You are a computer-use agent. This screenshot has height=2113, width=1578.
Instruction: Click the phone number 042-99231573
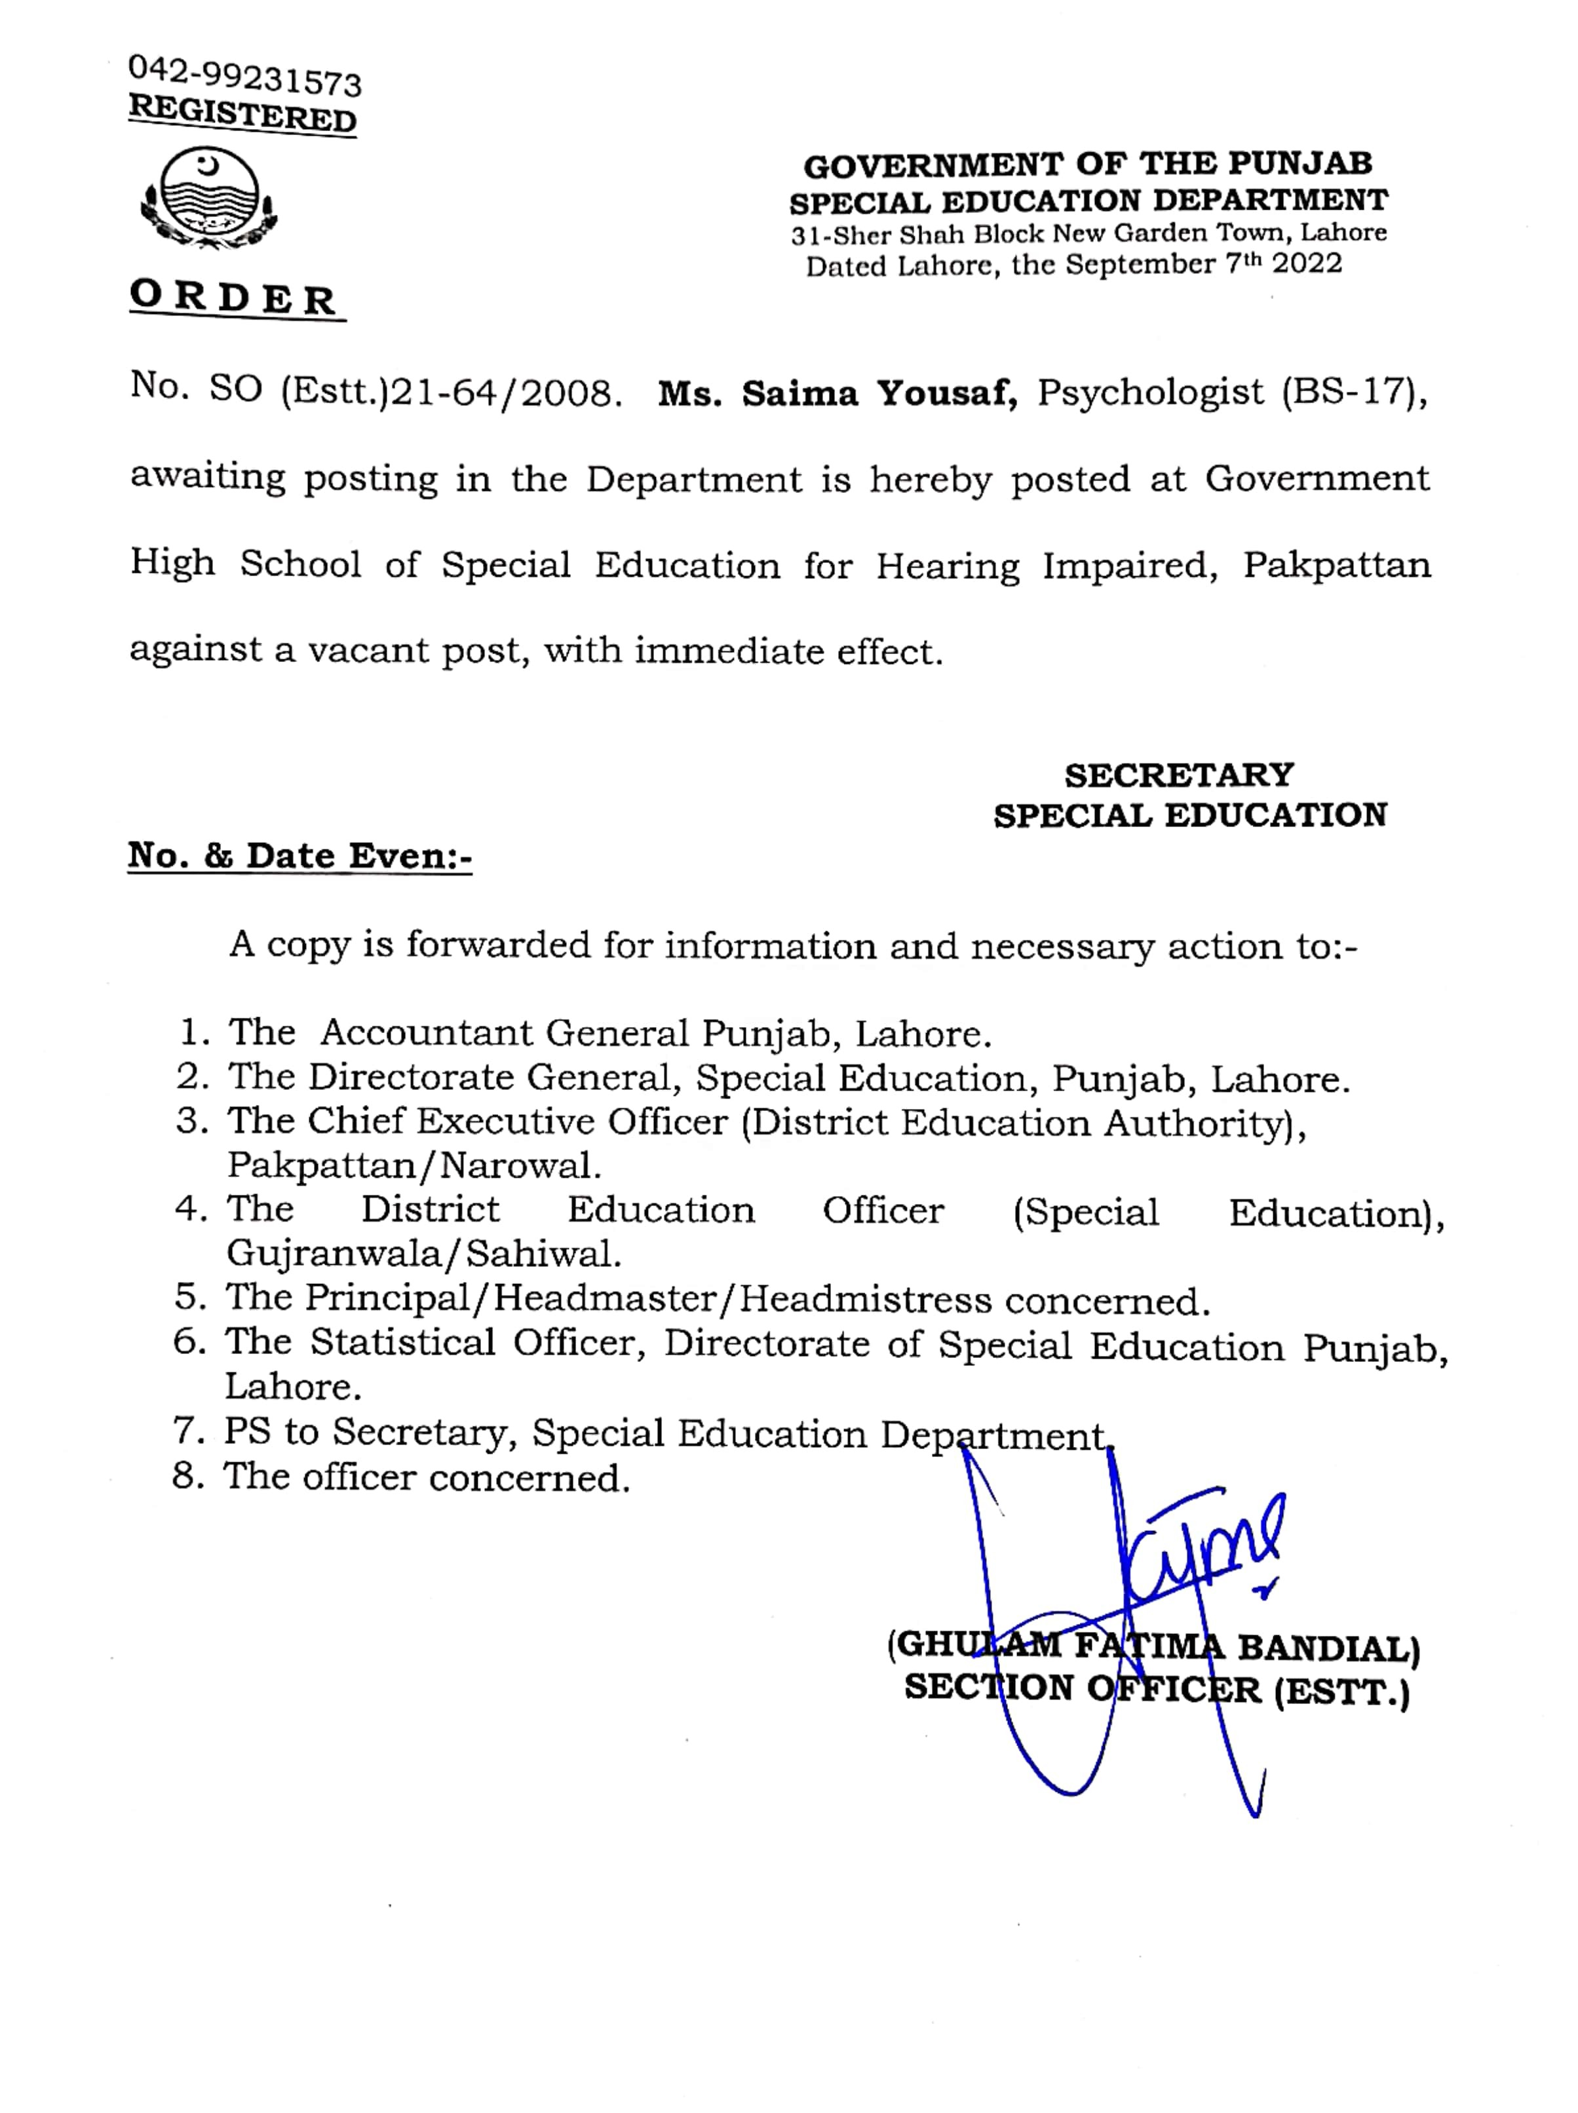point(244,75)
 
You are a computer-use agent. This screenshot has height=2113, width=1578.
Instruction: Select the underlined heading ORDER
point(235,298)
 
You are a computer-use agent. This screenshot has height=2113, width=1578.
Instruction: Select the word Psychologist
point(1150,392)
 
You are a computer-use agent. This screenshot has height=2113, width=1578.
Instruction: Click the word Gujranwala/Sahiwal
point(423,1253)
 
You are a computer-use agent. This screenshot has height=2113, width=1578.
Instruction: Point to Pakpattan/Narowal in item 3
point(414,1165)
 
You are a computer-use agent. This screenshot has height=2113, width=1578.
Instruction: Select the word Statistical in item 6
point(402,1342)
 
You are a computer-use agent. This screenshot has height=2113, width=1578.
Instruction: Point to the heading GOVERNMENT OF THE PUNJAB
point(1087,165)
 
